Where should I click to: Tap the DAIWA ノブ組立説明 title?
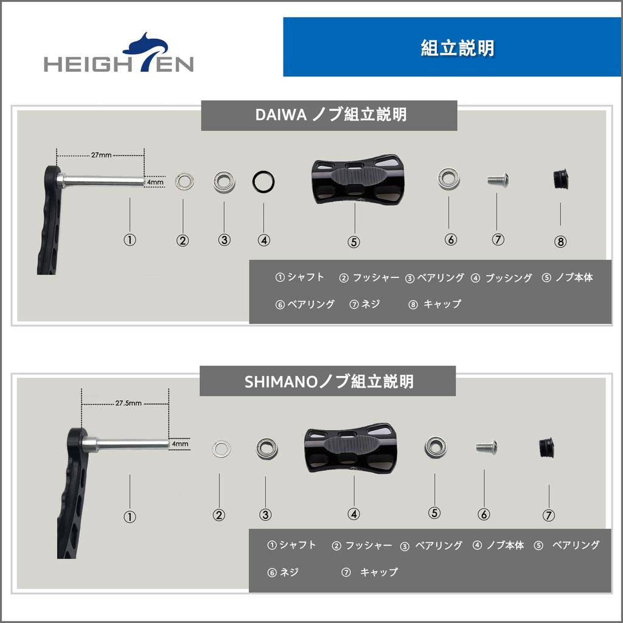(329, 115)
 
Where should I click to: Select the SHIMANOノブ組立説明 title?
(328, 381)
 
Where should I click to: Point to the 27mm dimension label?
(101, 155)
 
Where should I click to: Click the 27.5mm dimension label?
(128, 403)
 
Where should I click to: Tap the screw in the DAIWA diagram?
(497, 179)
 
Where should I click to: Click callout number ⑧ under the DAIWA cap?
(560, 242)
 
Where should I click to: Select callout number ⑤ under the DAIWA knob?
(353, 242)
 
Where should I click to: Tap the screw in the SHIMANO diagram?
(486, 447)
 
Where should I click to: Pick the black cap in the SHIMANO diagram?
(549, 447)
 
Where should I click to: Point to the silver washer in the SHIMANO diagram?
(221, 449)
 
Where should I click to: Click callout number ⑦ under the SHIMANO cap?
(548, 515)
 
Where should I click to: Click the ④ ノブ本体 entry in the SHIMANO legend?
(498, 546)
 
